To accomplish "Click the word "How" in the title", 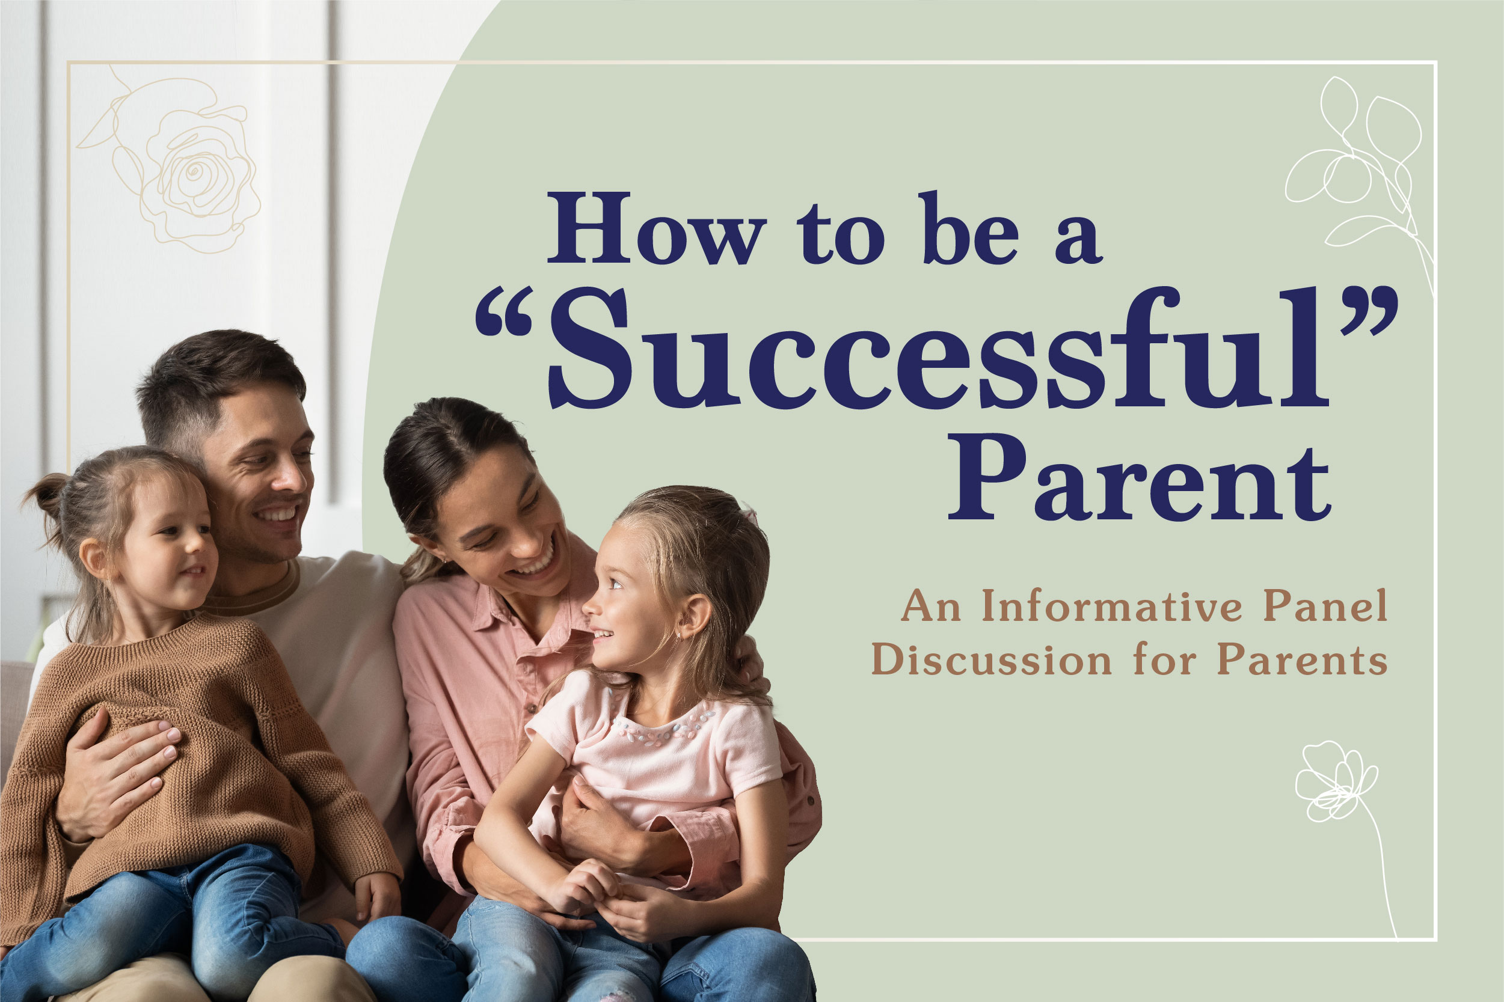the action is (x=657, y=228).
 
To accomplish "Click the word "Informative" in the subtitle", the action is (x=1112, y=606).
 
